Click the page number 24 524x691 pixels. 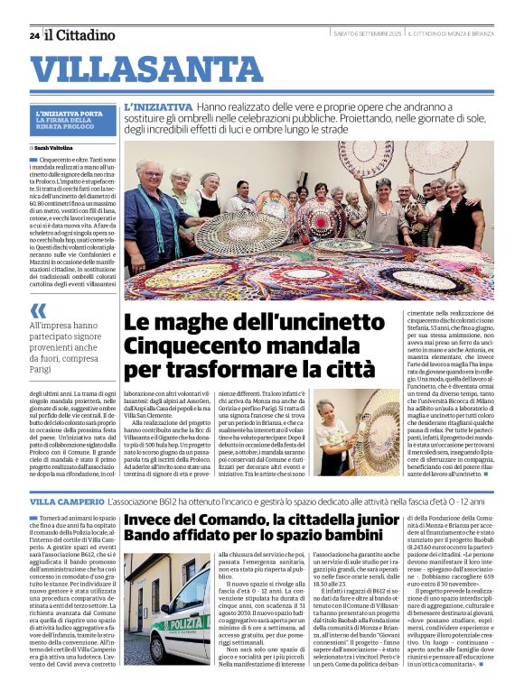pyautogui.click(x=33, y=35)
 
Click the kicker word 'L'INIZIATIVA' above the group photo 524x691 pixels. pyautogui.click(x=159, y=107)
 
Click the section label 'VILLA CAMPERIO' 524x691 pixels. pyautogui.click(x=67, y=501)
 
